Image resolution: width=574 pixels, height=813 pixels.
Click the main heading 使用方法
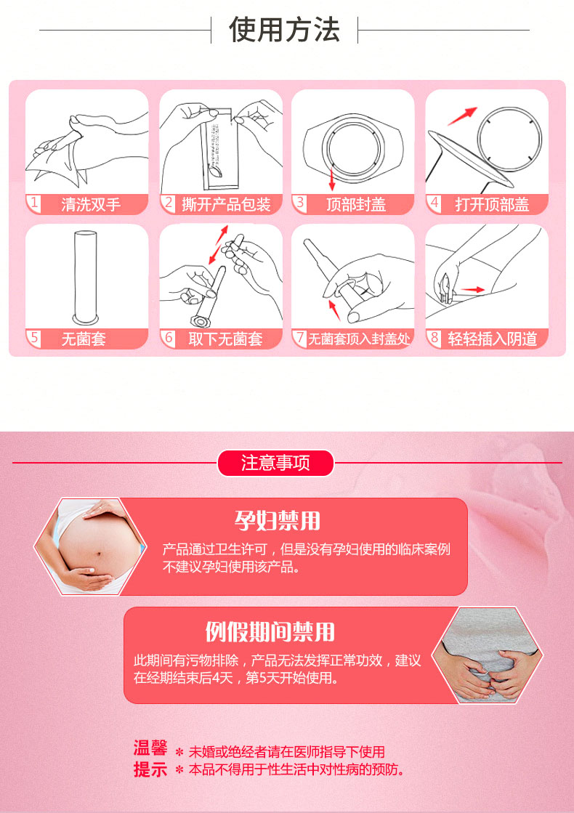pyautogui.click(x=284, y=30)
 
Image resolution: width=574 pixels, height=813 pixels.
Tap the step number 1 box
pyautogui.click(x=33, y=203)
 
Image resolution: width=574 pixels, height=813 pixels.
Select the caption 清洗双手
pyautogui.click(x=91, y=204)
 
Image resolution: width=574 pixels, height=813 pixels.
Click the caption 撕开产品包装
pyautogui.click(x=226, y=204)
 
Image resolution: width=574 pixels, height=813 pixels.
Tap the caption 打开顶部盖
pyautogui.click(x=492, y=204)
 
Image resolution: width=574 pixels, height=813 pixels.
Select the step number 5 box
pyautogui.click(x=33, y=338)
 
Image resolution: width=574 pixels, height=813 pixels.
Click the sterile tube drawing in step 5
pyautogui.click(x=86, y=277)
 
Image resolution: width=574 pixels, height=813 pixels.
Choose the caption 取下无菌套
pyautogui.click(x=225, y=339)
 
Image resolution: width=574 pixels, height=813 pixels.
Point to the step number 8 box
pyautogui.click(x=434, y=338)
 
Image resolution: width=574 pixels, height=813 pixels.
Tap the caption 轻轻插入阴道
pyautogui.click(x=492, y=339)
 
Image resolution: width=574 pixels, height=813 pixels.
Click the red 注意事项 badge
pyautogui.click(x=275, y=463)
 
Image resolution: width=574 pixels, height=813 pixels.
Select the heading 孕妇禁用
pyautogui.click(x=277, y=521)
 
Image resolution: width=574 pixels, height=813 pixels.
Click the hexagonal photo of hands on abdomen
pyautogui.click(x=488, y=655)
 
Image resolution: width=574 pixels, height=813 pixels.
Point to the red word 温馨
pyautogui.click(x=150, y=748)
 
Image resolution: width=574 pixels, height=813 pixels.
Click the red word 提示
pyautogui.click(x=150, y=769)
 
